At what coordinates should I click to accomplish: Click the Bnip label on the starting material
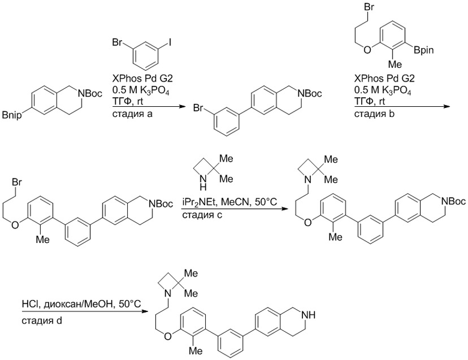click(12, 115)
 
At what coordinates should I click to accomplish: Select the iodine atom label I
click(170, 43)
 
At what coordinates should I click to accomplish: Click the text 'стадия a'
click(132, 114)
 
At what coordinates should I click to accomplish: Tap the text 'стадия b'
click(374, 114)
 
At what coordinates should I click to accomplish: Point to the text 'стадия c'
click(202, 215)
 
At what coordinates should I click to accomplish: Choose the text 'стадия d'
click(42, 321)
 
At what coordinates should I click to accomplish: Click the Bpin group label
click(424, 50)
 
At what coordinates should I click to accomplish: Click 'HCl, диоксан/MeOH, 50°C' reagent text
click(81, 304)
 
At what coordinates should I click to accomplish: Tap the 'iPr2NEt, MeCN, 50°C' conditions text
click(230, 202)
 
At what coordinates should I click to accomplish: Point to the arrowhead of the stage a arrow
click(182, 106)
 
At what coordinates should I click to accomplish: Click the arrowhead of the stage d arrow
click(145, 311)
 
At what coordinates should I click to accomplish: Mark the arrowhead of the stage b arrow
click(446, 106)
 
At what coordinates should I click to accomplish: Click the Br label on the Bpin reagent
click(369, 7)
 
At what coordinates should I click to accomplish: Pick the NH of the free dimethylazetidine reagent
click(203, 183)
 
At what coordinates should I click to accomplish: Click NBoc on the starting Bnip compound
click(90, 94)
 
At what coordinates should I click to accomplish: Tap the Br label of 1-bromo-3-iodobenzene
click(117, 43)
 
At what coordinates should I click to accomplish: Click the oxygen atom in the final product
click(168, 337)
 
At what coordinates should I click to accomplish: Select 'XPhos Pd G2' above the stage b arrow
click(385, 79)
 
